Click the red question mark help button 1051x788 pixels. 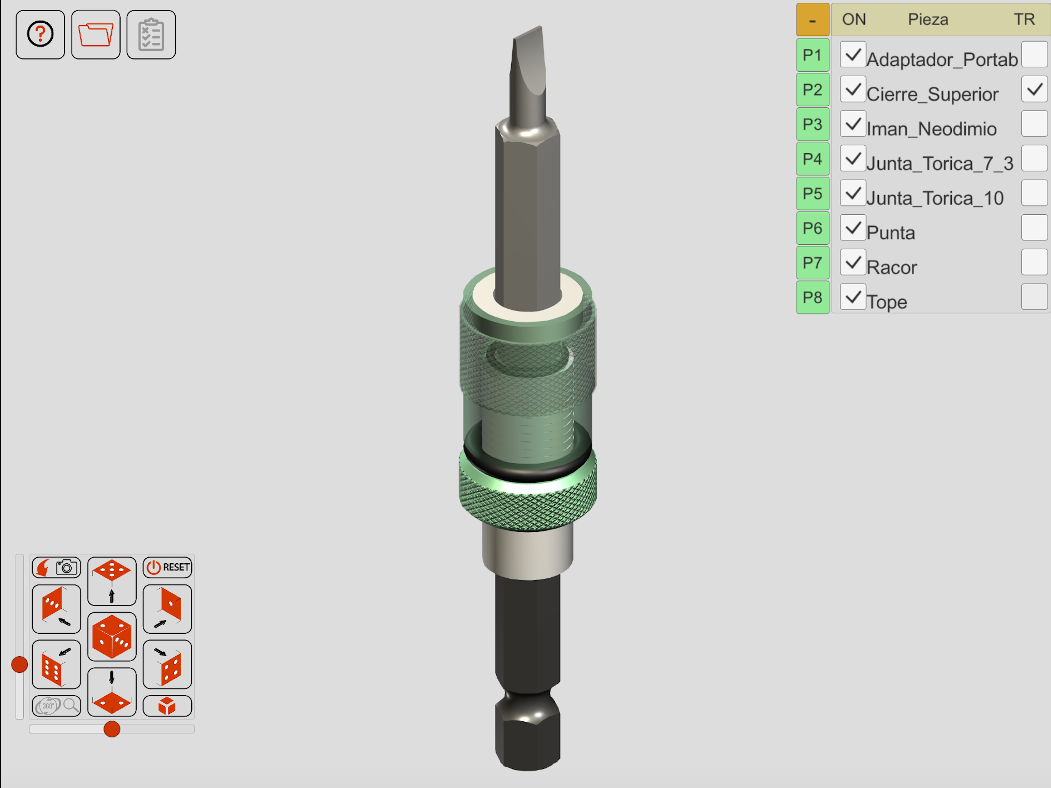tap(40, 35)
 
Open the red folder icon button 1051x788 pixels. tap(96, 35)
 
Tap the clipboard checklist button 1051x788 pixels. tap(151, 35)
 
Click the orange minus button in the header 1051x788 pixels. tap(812, 20)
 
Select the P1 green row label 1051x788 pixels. tap(812, 55)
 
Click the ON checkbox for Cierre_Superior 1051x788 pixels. tap(853, 89)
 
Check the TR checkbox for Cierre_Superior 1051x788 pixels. tap(1034, 89)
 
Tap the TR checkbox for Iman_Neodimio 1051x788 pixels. tap(1034, 124)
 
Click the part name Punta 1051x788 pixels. tap(891, 233)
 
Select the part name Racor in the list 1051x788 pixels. tap(891, 267)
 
